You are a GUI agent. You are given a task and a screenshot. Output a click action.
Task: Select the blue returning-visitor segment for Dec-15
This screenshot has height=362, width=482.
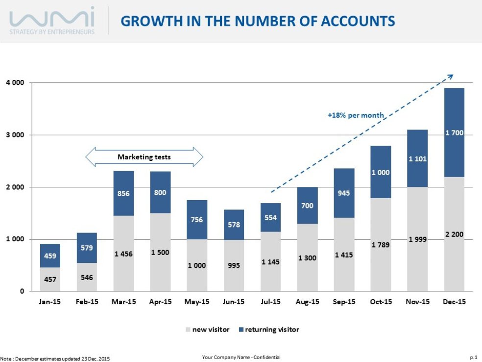454,132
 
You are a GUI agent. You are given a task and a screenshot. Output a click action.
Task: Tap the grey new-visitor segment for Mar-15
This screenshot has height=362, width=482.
123,253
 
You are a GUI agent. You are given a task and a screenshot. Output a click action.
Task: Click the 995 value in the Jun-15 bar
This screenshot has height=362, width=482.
234,265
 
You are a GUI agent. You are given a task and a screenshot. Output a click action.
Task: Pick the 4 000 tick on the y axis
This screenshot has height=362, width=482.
15,82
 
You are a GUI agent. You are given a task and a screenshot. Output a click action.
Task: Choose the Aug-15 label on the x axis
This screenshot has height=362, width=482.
307,302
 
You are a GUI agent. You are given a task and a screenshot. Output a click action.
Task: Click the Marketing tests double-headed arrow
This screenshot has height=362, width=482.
144,157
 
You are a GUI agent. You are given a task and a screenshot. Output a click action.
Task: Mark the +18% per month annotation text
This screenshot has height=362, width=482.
356,115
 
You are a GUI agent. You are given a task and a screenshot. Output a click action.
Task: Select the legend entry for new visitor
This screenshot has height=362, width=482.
207,329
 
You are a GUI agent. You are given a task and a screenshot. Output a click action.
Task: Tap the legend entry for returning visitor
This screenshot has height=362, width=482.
268,329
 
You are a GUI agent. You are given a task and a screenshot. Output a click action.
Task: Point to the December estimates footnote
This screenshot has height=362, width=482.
55,359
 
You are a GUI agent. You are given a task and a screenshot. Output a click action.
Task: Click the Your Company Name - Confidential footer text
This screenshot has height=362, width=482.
241,357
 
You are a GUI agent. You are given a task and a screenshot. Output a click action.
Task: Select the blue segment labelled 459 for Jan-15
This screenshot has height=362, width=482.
50,256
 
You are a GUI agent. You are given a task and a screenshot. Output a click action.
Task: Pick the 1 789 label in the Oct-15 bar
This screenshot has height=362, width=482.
381,244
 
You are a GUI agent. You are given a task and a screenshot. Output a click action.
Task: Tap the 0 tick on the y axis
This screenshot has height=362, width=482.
22,291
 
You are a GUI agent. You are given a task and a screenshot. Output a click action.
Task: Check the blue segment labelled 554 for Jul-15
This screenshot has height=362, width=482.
270,217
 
